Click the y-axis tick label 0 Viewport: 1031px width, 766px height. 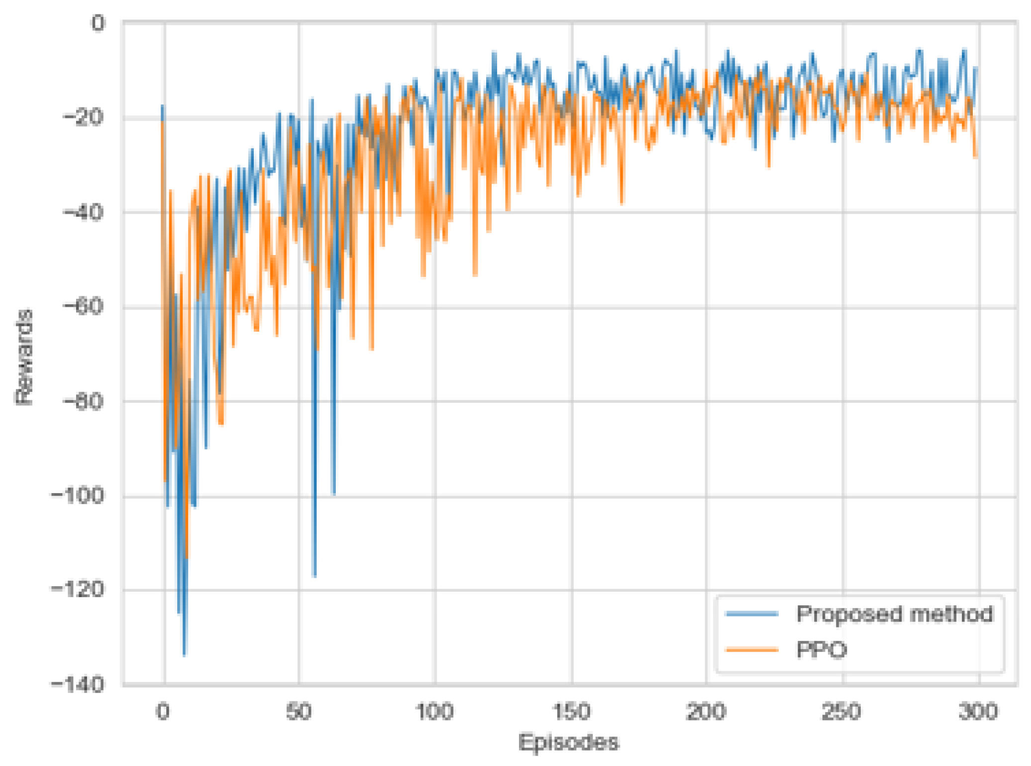click(98, 23)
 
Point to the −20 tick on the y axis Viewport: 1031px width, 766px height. click(84, 118)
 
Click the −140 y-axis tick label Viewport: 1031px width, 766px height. click(78, 684)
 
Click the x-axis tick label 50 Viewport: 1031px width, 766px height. click(299, 712)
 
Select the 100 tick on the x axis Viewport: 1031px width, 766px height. click(435, 712)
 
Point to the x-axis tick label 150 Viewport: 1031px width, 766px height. click(572, 712)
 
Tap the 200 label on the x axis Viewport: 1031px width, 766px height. click(706, 712)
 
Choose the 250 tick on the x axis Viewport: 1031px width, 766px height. click(842, 712)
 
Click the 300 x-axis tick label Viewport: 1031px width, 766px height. click(978, 712)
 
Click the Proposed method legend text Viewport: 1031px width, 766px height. click(895, 614)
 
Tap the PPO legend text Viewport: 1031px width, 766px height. click(822, 650)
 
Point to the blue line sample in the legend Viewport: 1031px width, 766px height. click(752, 614)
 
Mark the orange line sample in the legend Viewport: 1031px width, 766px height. click(752, 649)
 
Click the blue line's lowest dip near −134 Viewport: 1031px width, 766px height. click(184, 654)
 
